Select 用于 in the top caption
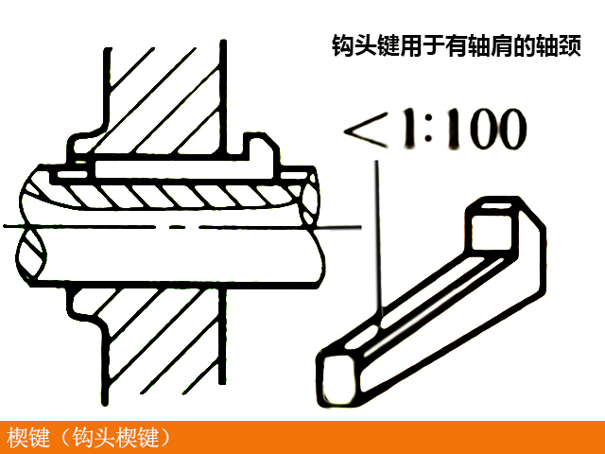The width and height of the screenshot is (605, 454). [x=423, y=45]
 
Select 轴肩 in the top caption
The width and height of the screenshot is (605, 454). [x=488, y=45]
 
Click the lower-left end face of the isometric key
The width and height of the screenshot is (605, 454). [x=337, y=374]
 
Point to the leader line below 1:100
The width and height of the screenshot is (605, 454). [x=378, y=236]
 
